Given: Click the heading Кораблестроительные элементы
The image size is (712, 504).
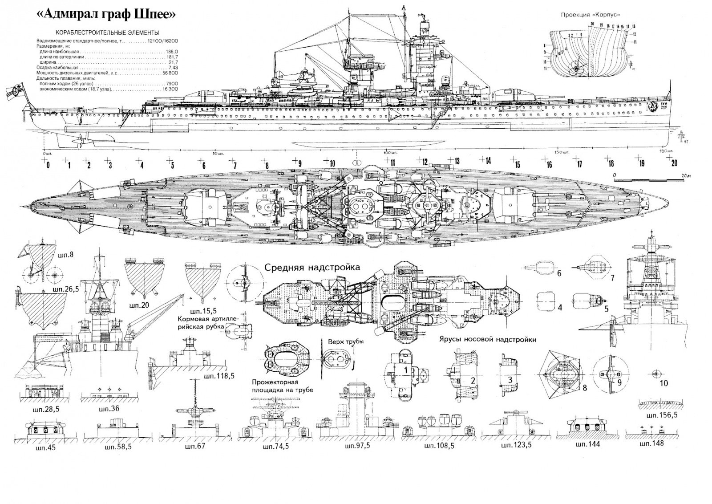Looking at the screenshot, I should pyautogui.click(x=107, y=33).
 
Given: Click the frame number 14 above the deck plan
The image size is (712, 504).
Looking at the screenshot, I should pyautogui.click(x=488, y=161).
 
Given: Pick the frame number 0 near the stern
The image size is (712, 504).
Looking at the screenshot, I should pyautogui.click(x=48, y=165).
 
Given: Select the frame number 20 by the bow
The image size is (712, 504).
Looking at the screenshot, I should pyautogui.click(x=674, y=163).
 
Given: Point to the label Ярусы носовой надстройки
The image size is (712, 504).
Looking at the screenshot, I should pyautogui.click(x=487, y=339).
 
